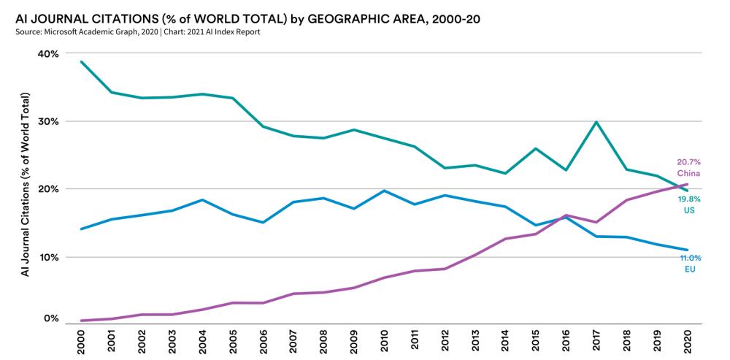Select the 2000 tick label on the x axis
[81, 340]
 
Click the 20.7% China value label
[688, 162]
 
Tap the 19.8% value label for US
[690, 198]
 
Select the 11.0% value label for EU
[690, 258]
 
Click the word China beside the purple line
[688, 173]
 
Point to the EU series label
[690, 269]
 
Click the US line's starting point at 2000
[81, 61]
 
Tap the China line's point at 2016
[566, 215]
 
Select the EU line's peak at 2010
[384, 191]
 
